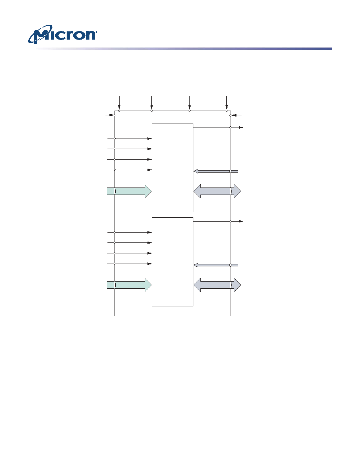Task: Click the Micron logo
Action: (x=62, y=35)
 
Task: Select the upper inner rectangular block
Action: (x=173, y=168)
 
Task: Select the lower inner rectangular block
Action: (x=173, y=262)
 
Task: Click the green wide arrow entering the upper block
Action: (x=129, y=191)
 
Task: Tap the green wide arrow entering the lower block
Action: (x=129, y=285)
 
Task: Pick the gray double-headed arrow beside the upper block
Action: (x=217, y=191)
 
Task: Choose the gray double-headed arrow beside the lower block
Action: (x=217, y=285)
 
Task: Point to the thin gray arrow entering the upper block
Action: (x=216, y=171)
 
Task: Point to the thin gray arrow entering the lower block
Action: (x=216, y=265)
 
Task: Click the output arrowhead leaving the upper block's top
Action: (x=241, y=127)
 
